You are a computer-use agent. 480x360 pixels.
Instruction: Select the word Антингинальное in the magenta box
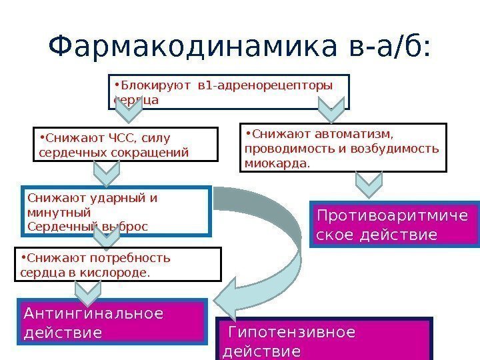pyautogui.click(x=93, y=313)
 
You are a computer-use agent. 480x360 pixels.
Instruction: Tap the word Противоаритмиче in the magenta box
pyautogui.click(x=392, y=216)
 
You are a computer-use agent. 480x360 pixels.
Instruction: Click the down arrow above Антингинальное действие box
pyautogui.click(x=87, y=291)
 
